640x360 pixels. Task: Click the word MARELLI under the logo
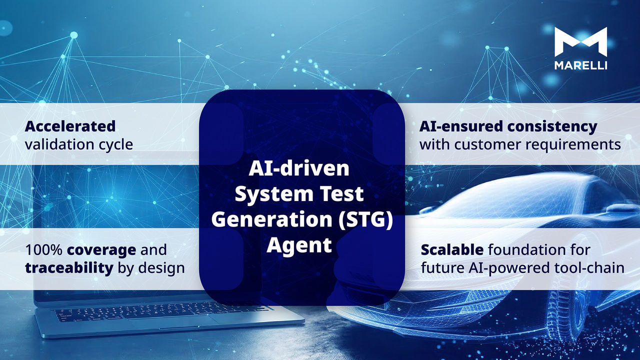581,65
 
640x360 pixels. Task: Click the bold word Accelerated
70,126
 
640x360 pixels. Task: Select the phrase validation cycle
79,144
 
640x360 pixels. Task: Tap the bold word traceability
69,268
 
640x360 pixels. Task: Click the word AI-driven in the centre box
299,168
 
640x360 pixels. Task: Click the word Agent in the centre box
299,245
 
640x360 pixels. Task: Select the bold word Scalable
452,249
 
